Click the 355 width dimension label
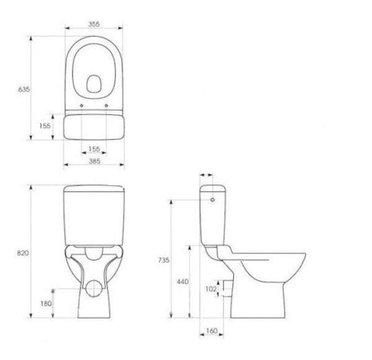coord(94,24)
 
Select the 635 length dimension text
coord(24,89)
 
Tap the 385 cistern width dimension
coord(94,161)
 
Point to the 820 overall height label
coord(23,253)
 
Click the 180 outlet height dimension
coord(46,304)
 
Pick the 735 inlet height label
coord(164,260)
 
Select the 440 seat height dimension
coord(183,281)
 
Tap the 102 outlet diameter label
coord(211,289)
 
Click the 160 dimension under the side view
coord(211,331)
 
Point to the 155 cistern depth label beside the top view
coord(45,126)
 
